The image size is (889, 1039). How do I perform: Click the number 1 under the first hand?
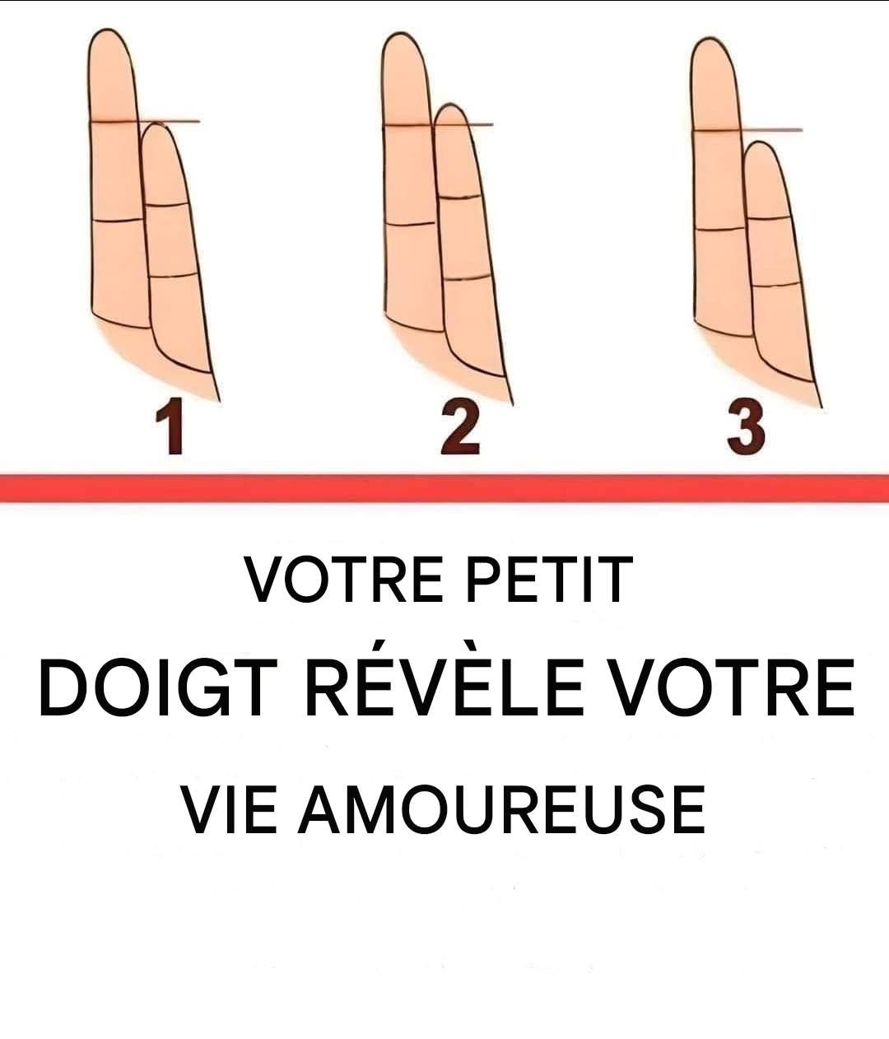[170, 426]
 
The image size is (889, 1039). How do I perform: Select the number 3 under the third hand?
[746, 427]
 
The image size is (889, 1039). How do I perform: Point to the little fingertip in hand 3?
[761, 143]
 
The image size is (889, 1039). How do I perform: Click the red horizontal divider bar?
[444, 488]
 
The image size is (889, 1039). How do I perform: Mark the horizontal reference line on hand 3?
[747, 130]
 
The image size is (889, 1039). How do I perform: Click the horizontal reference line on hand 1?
[145, 121]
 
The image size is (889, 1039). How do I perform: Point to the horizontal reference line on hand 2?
[438, 124]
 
